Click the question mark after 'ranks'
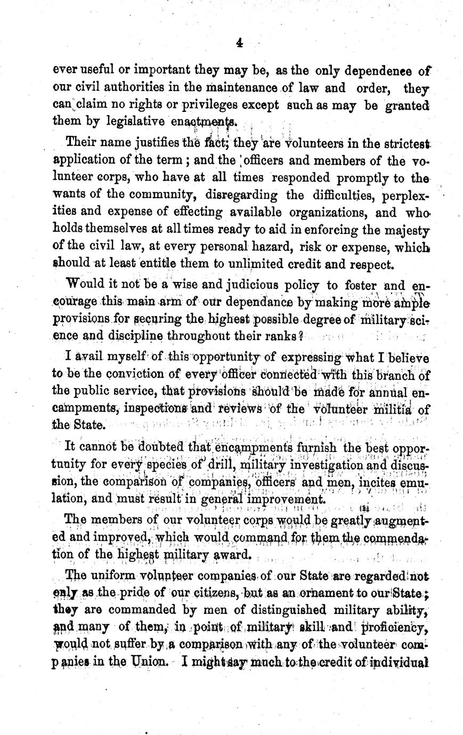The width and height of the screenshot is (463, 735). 301,337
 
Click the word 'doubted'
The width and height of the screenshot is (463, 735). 159,447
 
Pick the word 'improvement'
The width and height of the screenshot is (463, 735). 285,499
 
